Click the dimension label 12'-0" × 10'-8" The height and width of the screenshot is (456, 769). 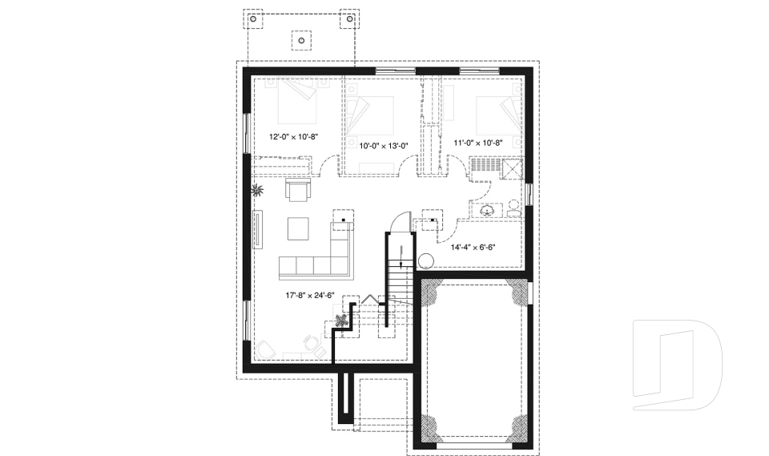coord(293,137)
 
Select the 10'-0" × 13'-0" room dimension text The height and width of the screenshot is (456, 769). coord(383,145)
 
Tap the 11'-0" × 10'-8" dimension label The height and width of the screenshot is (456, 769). coord(478,143)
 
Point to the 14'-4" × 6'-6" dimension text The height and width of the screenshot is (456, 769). coord(473,247)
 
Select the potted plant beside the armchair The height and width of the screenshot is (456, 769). coord(258,191)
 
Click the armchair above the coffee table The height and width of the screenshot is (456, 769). coord(297,191)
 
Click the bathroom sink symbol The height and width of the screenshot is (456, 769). coord(488,210)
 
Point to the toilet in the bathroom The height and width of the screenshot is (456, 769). coord(513,208)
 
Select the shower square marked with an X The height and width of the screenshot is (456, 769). coord(511,167)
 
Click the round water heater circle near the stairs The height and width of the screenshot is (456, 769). coord(426,260)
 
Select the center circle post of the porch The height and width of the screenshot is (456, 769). coord(301,38)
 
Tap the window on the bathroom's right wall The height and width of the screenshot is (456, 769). coord(529,194)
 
